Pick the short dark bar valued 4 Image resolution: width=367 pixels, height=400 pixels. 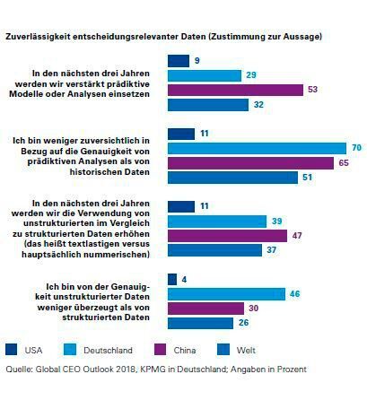point(172,279)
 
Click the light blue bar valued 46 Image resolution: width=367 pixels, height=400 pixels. point(227,293)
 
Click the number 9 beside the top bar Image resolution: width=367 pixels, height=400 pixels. point(197,60)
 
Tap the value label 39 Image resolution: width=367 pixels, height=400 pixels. point(276,221)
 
